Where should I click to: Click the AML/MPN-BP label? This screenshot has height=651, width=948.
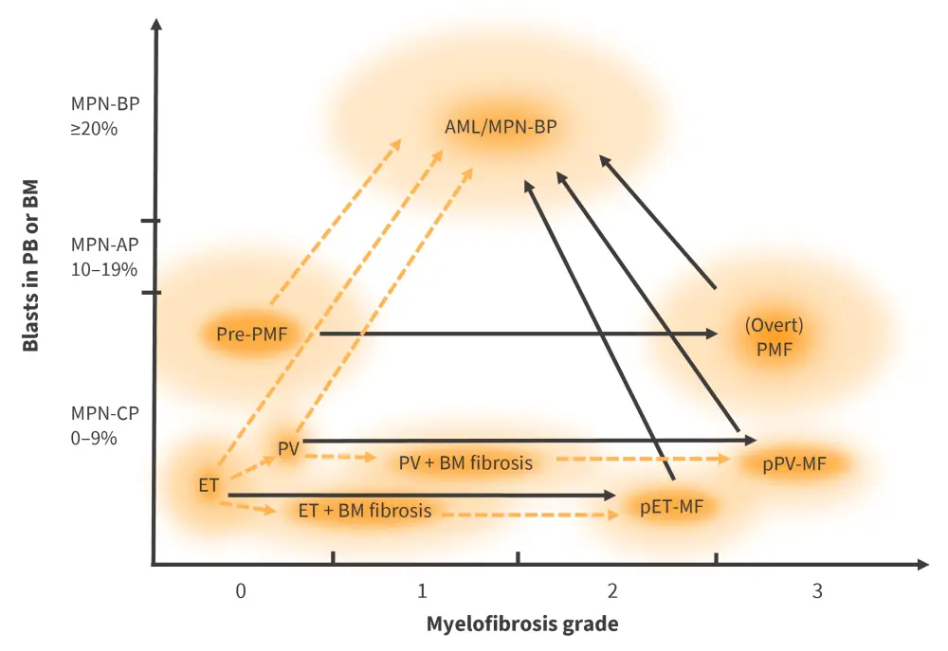[501, 126]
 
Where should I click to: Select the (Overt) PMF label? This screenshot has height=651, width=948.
[774, 336]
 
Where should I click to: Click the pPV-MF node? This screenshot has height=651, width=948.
[796, 464]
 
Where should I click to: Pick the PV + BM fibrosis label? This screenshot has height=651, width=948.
[465, 462]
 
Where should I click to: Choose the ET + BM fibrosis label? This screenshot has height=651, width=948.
[365, 510]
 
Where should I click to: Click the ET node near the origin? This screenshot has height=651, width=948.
[209, 485]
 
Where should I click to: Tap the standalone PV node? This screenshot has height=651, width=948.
[288, 447]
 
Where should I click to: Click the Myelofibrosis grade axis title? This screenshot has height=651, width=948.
[522, 624]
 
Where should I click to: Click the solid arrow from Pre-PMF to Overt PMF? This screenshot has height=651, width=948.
[517, 334]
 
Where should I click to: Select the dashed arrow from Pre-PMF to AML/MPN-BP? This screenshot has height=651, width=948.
[334, 224]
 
